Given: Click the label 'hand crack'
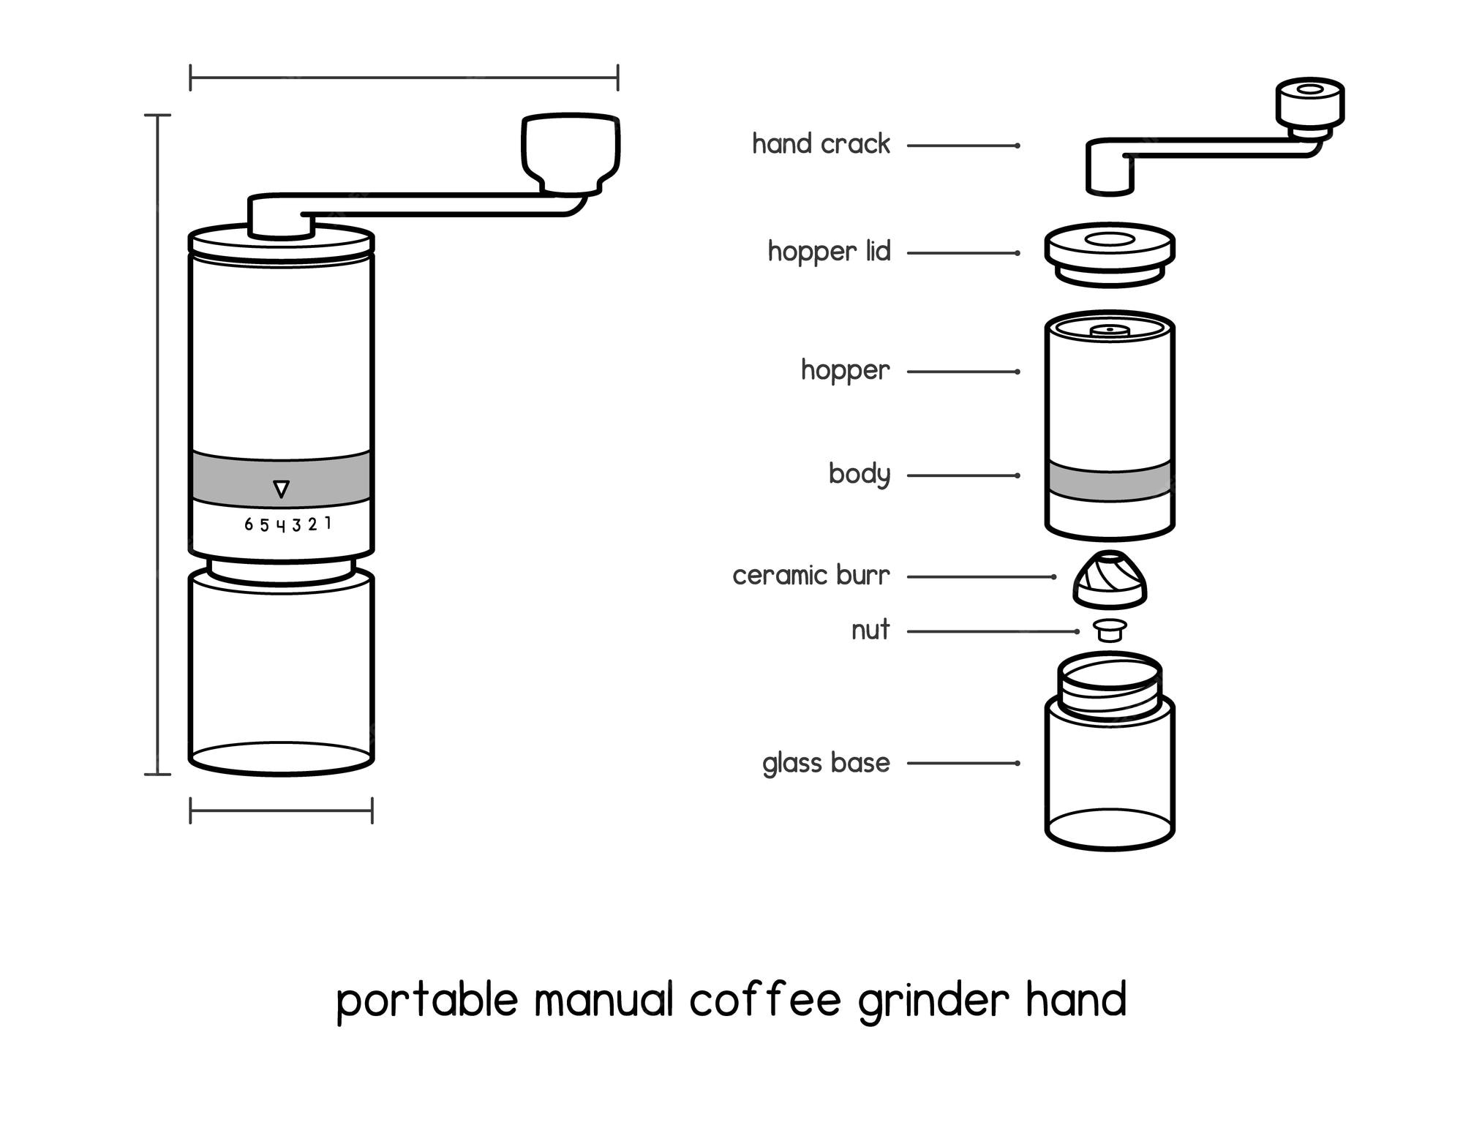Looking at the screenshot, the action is point(821,144).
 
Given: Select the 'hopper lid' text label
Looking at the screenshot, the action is point(829,252).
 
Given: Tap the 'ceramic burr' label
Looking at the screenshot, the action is point(811,576).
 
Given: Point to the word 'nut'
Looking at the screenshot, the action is point(870,630).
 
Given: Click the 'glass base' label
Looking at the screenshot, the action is point(826,763).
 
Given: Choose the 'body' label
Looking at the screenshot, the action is point(860,475).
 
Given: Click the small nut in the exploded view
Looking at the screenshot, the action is point(1110,630).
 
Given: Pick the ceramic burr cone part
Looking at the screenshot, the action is point(1110,580).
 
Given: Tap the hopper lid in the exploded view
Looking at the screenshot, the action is point(1110,254).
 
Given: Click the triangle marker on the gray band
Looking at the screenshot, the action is point(281,489).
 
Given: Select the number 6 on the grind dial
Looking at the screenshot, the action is point(249,524).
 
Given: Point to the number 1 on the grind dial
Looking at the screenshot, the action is point(328,523).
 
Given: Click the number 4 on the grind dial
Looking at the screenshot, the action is point(281,526).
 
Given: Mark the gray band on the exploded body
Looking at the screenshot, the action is point(1110,481).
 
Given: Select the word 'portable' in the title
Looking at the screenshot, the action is point(427,1001).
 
